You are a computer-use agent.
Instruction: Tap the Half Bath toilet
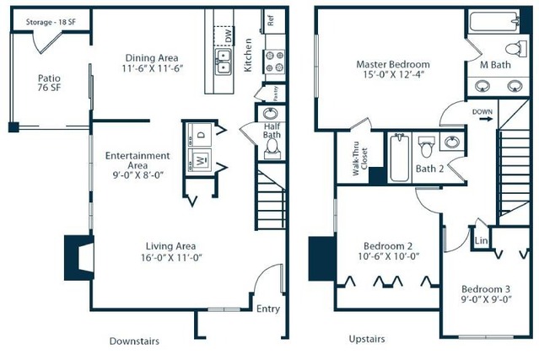point(273,148)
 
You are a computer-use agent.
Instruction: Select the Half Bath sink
point(271,114)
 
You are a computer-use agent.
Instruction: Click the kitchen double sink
point(223,62)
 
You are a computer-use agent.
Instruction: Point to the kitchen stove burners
point(275,62)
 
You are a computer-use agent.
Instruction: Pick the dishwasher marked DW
point(224,35)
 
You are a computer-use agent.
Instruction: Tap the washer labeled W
point(200,159)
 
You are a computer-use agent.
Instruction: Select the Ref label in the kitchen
point(271,21)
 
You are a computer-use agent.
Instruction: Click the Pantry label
point(276,94)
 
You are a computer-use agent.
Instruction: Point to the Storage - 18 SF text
point(51,22)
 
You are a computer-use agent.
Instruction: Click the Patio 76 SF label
point(49,83)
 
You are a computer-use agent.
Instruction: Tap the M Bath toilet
point(516,48)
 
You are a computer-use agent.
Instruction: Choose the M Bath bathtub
point(494,21)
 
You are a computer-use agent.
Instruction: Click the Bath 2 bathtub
point(399,158)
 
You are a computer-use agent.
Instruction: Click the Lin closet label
point(481,240)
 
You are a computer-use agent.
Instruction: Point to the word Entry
point(268,309)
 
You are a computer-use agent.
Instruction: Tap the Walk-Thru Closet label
point(360,159)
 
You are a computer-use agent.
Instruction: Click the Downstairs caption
point(134,341)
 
